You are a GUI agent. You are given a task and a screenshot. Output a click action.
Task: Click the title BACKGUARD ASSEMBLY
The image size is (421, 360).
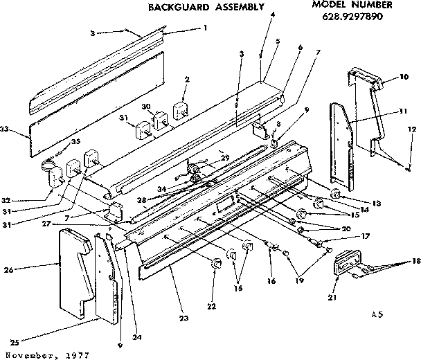click(x=206, y=8)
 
